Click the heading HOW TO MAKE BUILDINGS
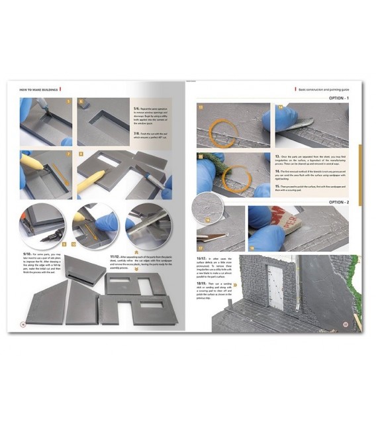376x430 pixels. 37,88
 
